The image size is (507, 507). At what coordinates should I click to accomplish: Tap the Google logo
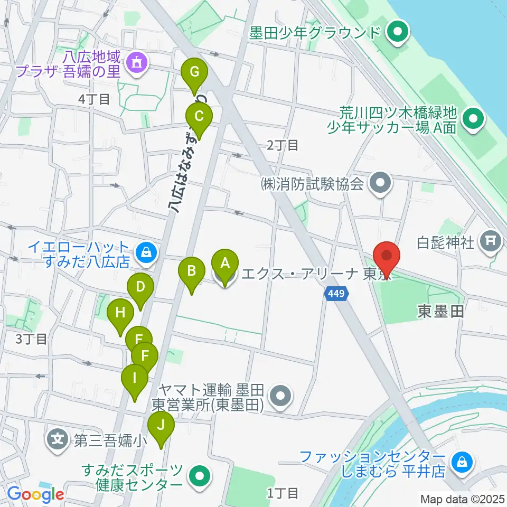[36, 494]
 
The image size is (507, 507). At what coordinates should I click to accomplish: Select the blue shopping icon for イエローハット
[145, 252]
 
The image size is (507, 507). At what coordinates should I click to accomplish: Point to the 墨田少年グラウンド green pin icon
[396, 33]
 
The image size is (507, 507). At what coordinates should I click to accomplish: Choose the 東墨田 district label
[441, 312]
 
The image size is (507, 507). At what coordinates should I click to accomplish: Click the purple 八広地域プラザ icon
[138, 63]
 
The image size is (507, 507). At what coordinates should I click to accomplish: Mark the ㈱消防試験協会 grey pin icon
[380, 184]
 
